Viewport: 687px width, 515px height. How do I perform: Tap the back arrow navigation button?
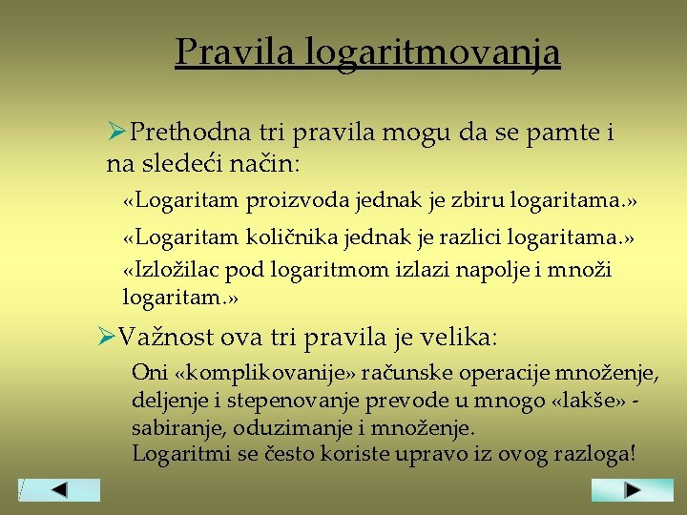[x=60, y=490]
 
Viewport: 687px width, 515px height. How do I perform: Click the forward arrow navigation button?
[x=631, y=490]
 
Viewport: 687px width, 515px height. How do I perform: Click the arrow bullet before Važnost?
[x=107, y=337]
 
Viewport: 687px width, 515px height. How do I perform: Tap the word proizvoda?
[x=296, y=201]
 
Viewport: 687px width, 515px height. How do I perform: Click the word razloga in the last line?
[x=580, y=454]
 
